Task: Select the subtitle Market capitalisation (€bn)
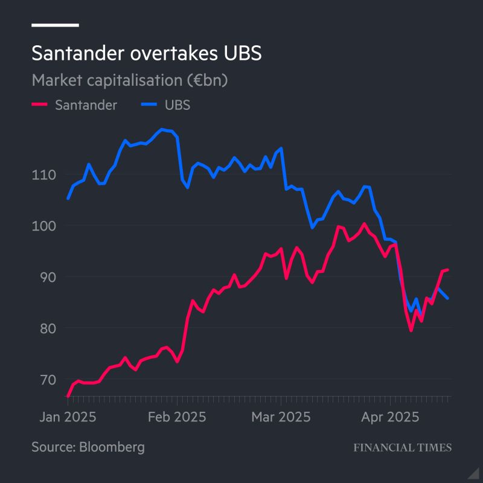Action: [x=129, y=80]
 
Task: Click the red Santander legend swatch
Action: [x=39, y=104]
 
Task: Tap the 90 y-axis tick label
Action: [x=48, y=278]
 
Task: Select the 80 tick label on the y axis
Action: [x=48, y=329]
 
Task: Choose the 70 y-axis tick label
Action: [x=48, y=380]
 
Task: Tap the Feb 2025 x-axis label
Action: [x=177, y=417]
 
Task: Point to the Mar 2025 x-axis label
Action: [x=281, y=417]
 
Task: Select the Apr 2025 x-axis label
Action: [x=389, y=417]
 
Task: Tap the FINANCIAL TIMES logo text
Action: [x=402, y=448]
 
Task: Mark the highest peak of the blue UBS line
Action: [x=162, y=129]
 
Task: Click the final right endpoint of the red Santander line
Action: [x=448, y=269]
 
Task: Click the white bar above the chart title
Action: [x=55, y=25]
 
